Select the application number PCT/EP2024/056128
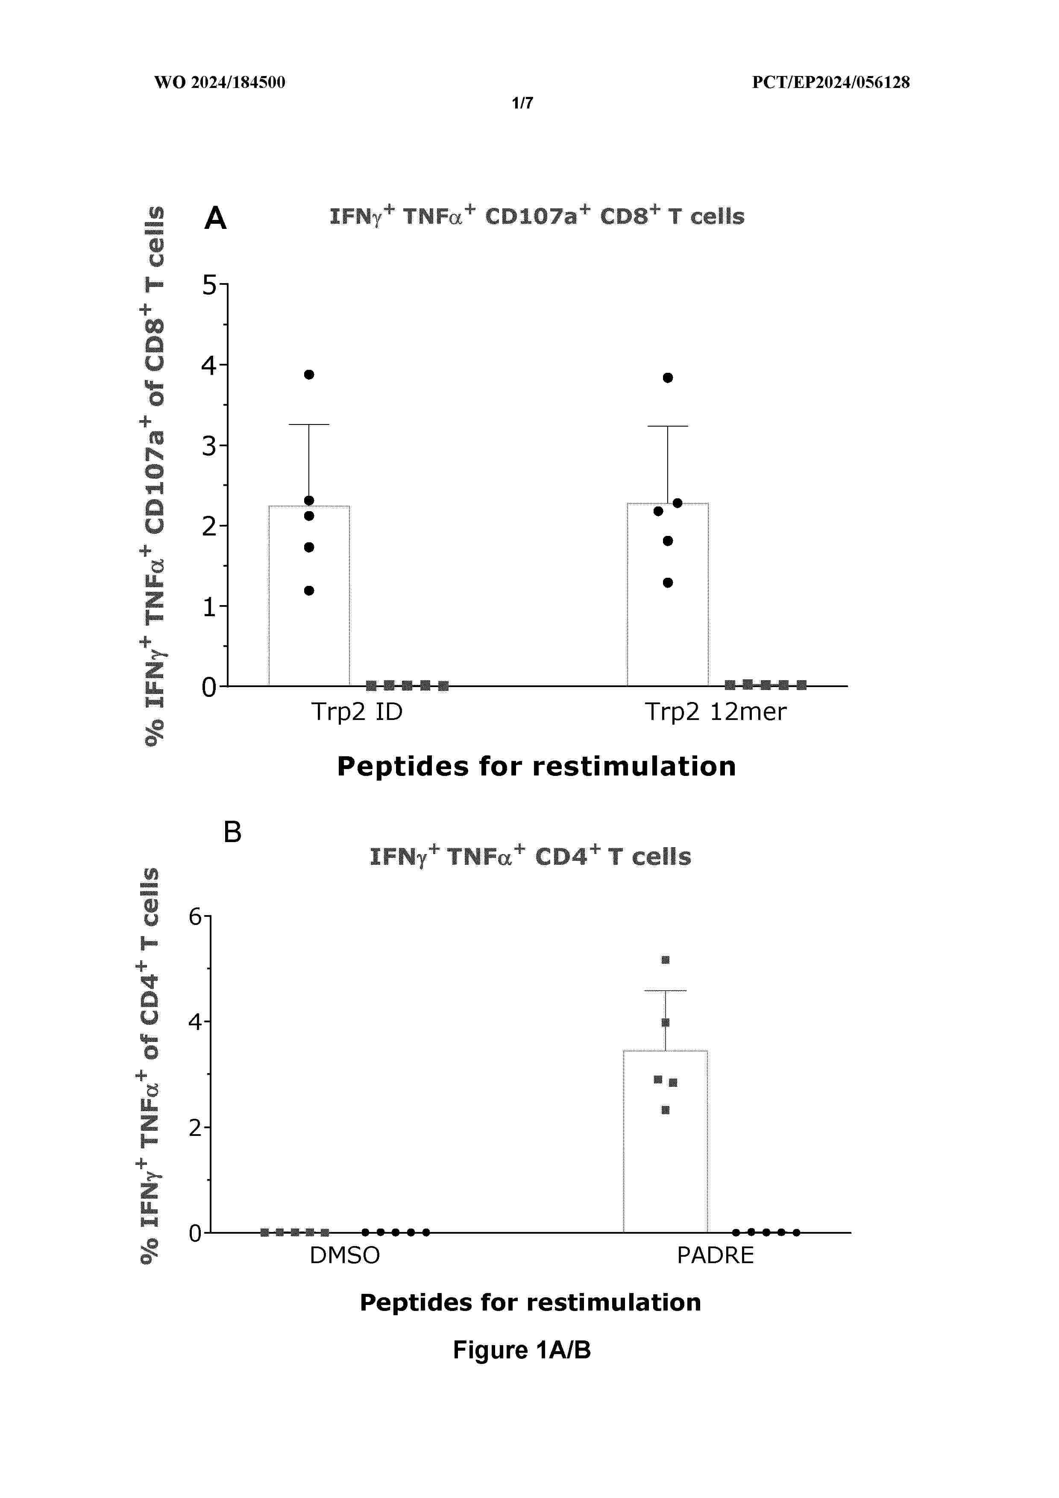tap(830, 82)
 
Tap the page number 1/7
tap(522, 103)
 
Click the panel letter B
tap(232, 833)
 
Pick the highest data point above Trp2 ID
tap(309, 374)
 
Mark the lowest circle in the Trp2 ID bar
tap(309, 591)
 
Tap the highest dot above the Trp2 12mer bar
tap(668, 378)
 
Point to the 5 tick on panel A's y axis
tap(209, 284)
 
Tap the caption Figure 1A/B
tap(522, 1350)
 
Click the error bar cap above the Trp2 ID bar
tap(308, 425)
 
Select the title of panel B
tap(530, 857)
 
